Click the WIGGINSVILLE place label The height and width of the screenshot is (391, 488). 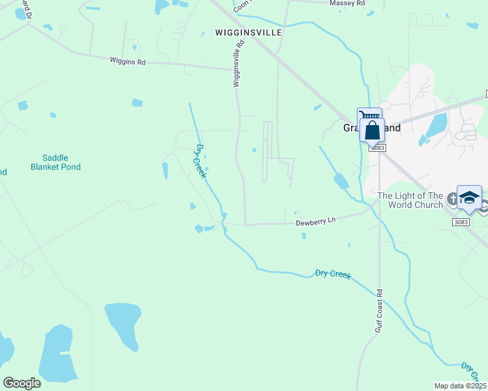click(249, 32)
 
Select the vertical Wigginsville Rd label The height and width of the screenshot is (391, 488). click(237, 63)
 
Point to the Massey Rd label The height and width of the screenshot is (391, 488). click(348, 3)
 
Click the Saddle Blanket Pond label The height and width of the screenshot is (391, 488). click(55, 162)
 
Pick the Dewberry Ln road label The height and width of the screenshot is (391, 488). click(315, 222)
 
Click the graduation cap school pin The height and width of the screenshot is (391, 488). click(469, 198)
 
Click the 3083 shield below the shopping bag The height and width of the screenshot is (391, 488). click(378, 148)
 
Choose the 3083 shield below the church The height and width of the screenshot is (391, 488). click(460, 222)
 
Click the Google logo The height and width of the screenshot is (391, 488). click(22, 383)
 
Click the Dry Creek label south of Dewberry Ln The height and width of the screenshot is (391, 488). click(333, 274)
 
